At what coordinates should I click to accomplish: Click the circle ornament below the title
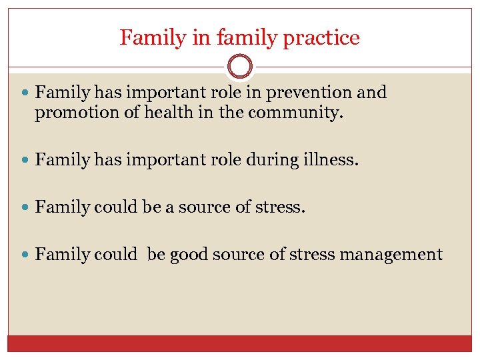240,67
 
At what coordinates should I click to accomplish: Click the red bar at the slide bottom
240,343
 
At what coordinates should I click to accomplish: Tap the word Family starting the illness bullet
62,160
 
